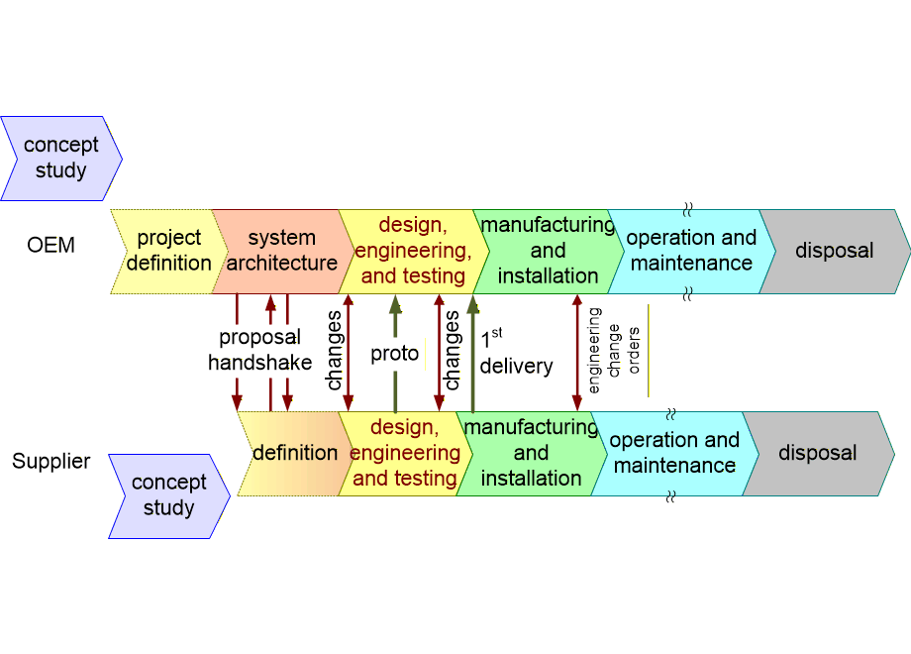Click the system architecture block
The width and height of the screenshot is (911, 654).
click(x=281, y=251)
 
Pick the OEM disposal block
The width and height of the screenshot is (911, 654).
click(x=834, y=251)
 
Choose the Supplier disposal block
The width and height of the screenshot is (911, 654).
click(x=817, y=453)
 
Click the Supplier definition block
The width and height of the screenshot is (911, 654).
click(x=294, y=453)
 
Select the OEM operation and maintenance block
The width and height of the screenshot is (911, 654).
click(x=690, y=251)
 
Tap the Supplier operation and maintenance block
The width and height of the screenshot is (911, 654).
click(x=673, y=453)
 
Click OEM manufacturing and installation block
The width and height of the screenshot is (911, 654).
click(x=547, y=251)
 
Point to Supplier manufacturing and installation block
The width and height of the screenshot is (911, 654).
click(x=531, y=453)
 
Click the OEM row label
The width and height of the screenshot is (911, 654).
click(x=51, y=245)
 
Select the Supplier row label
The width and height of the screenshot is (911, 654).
click(x=51, y=461)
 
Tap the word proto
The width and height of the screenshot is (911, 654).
click(x=394, y=354)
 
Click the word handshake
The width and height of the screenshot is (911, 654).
click(x=259, y=363)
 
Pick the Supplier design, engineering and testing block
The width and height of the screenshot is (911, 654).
click(x=404, y=453)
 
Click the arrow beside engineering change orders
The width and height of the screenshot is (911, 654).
click(x=576, y=352)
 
